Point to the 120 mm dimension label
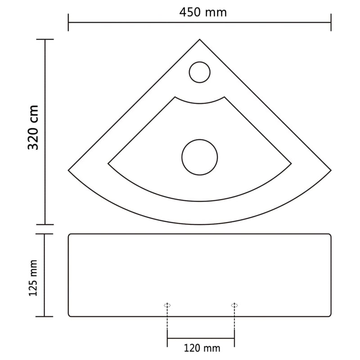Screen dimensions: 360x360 point(202,347)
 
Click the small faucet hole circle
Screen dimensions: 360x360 point(199,72)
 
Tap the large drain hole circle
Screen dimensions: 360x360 point(199,157)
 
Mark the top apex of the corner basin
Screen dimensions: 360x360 point(199,40)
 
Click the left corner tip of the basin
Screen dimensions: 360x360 point(69,170)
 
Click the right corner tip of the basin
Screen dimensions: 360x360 point(331,170)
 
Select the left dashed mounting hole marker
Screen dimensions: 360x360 point(167,305)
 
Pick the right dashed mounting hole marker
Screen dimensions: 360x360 point(234,305)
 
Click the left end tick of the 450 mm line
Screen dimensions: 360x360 point(68,22)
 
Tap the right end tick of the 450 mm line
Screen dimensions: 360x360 point(331,22)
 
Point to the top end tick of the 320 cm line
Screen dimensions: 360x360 point(45,40)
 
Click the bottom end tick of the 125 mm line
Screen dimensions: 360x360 point(45,316)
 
